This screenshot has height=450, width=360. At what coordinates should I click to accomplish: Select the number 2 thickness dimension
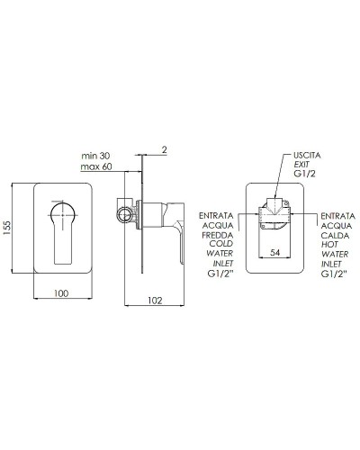166,149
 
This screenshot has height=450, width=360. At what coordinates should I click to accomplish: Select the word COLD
218,247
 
